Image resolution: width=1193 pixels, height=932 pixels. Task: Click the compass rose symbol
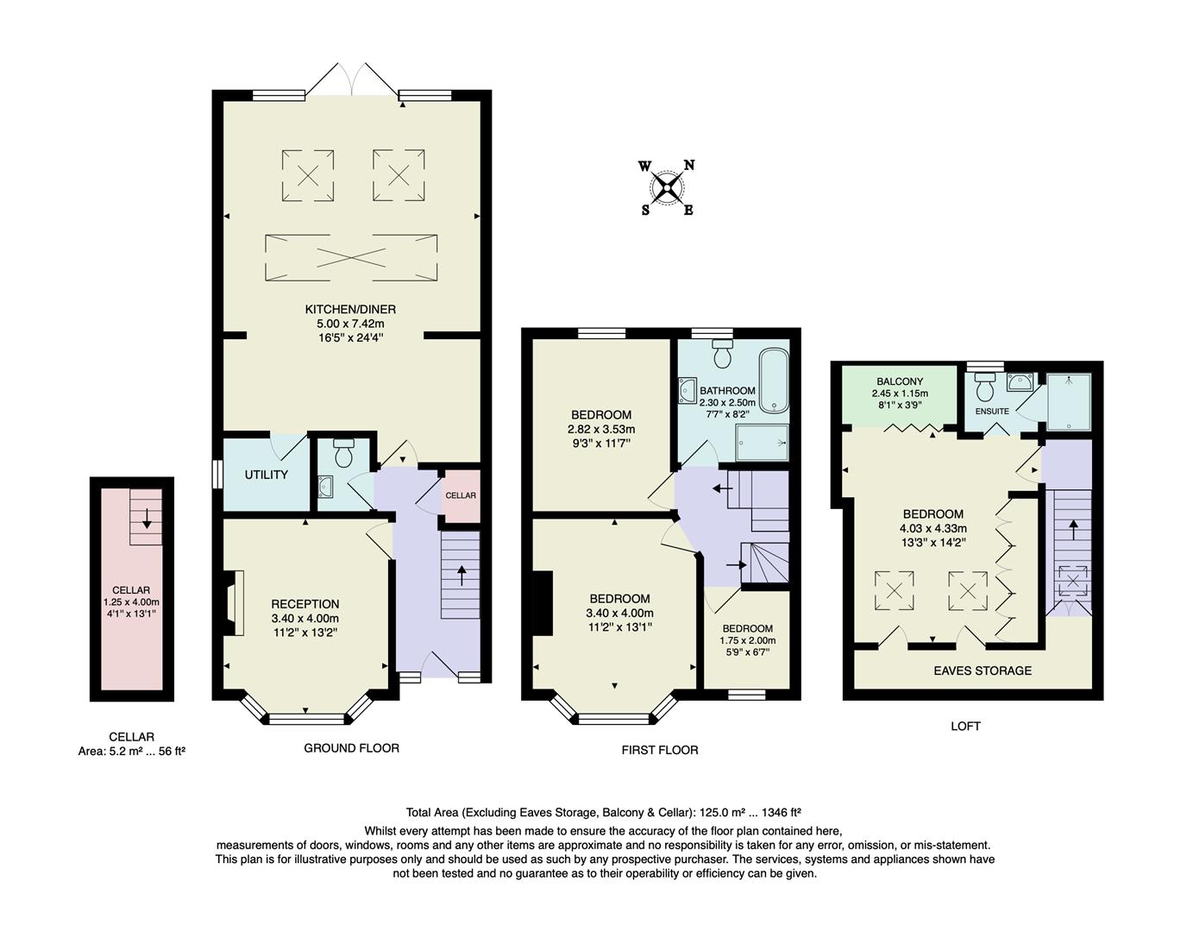point(667,187)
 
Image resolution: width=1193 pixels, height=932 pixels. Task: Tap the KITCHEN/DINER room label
point(350,309)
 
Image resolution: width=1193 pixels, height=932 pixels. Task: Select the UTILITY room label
point(266,475)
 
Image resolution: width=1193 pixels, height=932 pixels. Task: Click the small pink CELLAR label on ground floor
point(461,495)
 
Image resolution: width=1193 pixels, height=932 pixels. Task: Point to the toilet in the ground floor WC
point(343,454)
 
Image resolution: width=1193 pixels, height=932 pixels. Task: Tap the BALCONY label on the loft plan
point(900,381)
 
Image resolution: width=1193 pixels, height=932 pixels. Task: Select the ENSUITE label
point(992,412)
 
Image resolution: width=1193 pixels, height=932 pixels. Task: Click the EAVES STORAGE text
point(983,671)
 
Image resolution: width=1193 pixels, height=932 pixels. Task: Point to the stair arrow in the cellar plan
point(147,518)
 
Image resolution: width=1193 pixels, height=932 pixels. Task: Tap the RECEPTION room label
point(305,604)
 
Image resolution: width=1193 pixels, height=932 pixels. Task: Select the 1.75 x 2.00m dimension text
point(747,640)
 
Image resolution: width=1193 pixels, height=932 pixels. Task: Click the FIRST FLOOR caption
point(660,750)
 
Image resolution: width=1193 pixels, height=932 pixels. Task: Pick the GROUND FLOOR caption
point(351,748)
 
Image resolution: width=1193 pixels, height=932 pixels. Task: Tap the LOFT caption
point(965,726)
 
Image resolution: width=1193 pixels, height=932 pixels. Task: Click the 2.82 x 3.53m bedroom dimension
point(600,429)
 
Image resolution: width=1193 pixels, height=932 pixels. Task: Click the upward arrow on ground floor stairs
point(461,575)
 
